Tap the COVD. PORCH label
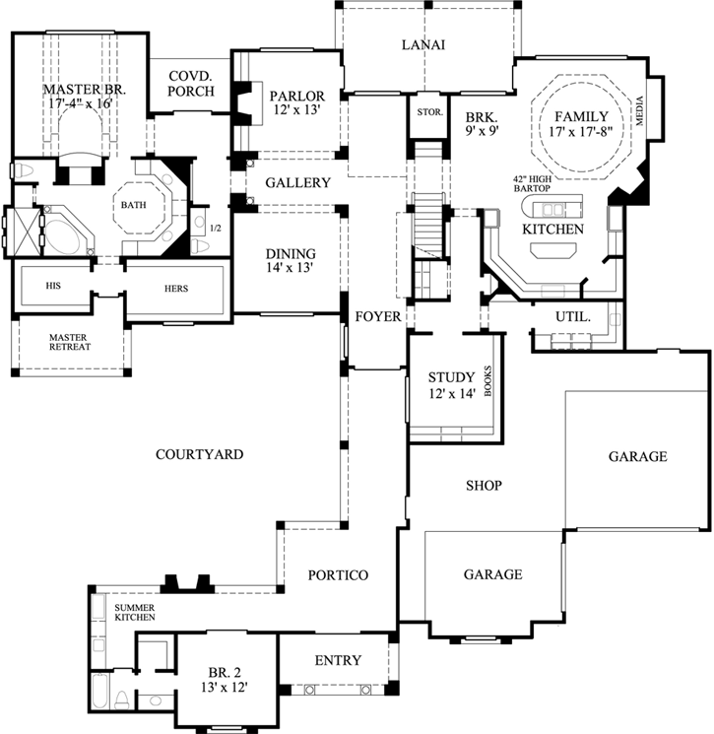191,84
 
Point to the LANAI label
424,44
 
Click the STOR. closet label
428,111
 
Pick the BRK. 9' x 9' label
484,122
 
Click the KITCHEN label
552,230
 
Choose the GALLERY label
297,183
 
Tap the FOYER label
378,317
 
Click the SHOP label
484,486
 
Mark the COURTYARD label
199,454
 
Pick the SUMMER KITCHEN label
135,612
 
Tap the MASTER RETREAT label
70,342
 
